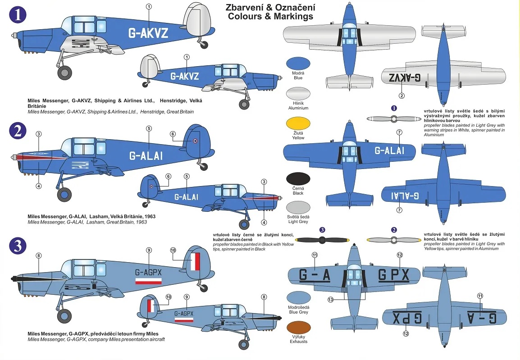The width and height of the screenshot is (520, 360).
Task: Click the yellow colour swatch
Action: click(298, 123)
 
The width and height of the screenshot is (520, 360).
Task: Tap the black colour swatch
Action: click(298, 179)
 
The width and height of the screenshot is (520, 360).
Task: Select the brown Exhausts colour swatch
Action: click(298, 328)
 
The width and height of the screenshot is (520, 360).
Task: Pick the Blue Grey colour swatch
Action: click(298, 298)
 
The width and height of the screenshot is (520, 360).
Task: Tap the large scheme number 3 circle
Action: click(18, 246)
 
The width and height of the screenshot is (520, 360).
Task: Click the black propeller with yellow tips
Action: click(322, 240)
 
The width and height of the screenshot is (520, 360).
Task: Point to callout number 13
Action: click(330, 300)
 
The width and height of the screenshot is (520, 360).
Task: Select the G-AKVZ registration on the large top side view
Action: click(148, 33)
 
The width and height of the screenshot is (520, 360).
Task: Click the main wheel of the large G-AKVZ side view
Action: click(64, 73)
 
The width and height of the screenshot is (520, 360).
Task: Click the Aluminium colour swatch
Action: click(298, 93)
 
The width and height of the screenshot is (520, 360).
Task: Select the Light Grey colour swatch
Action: click(298, 207)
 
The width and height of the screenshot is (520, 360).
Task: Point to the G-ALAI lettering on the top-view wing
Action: click(389, 150)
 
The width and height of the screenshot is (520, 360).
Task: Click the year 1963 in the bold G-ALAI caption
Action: click(150, 216)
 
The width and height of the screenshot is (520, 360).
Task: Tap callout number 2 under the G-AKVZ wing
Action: click(401, 96)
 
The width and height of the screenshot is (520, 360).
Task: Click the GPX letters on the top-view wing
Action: click(394, 275)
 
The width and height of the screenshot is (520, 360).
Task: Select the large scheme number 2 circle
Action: click(18, 131)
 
